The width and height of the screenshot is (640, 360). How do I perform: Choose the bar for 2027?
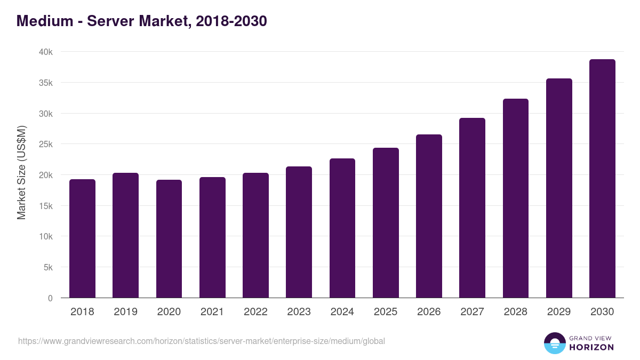point(472,208)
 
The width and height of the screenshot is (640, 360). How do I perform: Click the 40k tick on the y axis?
point(46,52)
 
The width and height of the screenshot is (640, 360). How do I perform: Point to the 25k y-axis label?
point(46,145)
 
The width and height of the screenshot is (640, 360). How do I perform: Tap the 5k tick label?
point(48,268)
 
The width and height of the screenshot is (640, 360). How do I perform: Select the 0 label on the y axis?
point(50,299)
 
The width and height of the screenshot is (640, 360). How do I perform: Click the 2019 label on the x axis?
point(125,312)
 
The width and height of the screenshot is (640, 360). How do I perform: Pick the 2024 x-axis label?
point(342,312)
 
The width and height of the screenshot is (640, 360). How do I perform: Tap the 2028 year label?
point(515,312)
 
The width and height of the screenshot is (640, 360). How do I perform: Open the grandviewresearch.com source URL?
point(201,341)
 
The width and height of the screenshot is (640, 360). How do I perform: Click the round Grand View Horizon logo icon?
point(554,343)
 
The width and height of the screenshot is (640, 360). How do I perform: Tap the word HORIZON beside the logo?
point(591,347)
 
